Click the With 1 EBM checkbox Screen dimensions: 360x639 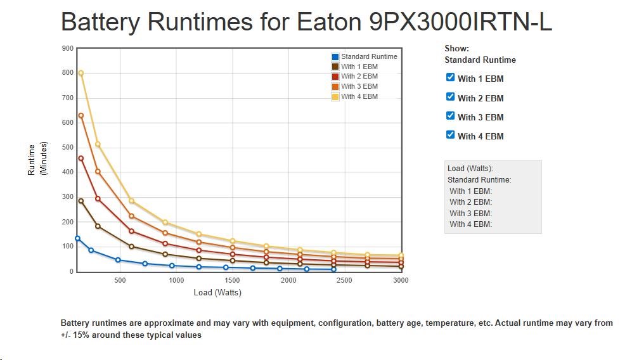tap(451, 77)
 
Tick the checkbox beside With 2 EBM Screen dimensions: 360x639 tap(451, 96)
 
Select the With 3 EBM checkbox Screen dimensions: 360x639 tap(451, 115)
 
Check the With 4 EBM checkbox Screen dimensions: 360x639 tap(451, 134)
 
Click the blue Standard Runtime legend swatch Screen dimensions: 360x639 tap(335, 57)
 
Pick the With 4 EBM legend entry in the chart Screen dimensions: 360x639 tap(359, 96)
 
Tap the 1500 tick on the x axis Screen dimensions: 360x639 tap(233, 280)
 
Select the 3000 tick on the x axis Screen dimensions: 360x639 tap(400, 280)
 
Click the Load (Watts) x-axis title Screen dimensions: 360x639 tap(217, 293)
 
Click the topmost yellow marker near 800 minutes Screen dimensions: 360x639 tap(81, 73)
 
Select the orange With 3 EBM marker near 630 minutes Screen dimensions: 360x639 tap(81, 115)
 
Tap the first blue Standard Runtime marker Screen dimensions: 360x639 tap(77, 238)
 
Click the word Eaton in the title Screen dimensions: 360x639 tap(328, 23)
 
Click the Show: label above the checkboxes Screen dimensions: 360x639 tap(456, 48)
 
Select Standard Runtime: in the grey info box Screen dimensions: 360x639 tap(479, 180)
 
